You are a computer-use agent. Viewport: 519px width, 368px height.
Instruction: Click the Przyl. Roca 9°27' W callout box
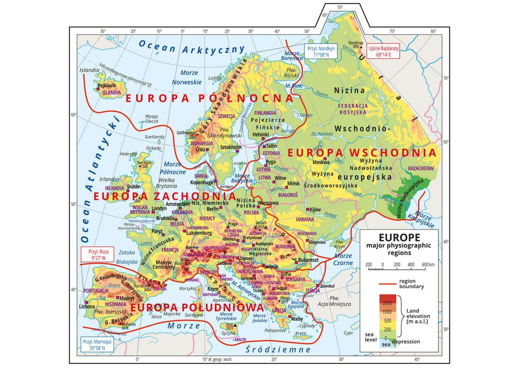click(x=95, y=254)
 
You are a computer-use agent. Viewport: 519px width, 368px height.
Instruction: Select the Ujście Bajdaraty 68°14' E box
click(x=382, y=51)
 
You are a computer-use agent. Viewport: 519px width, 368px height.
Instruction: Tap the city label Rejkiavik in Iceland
click(x=106, y=85)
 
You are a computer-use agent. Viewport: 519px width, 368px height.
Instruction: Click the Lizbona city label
click(x=87, y=307)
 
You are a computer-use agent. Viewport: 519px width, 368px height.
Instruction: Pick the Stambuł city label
click(x=327, y=286)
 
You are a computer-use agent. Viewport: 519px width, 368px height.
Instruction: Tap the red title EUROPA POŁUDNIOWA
click(x=197, y=307)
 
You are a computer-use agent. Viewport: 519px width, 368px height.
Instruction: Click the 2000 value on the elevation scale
click(x=387, y=302)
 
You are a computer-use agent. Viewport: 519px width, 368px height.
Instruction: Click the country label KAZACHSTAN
click(x=421, y=169)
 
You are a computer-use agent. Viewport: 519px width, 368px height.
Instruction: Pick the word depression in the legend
click(x=406, y=342)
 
